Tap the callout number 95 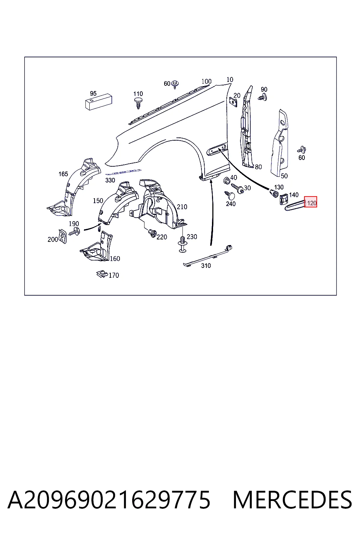pyautogui.click(x=93, y=93)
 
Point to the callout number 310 pyautogui.click(x=206, y=266)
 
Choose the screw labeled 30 pyautogui.click(x=237, y=188)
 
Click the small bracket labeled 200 pyautogui.click(x=63, y=236)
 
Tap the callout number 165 pyautogui.click(x=63, y=174)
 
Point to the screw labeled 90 pyautogui.click(x=262, y=98)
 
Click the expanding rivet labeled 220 pyautogui.click(x=152, y=233)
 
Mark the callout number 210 pyautogui.click(x=182, y=207)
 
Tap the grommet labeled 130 pyautogui.click(x=274, y=193)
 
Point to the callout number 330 pyautogui.click(x=110, y=180)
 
